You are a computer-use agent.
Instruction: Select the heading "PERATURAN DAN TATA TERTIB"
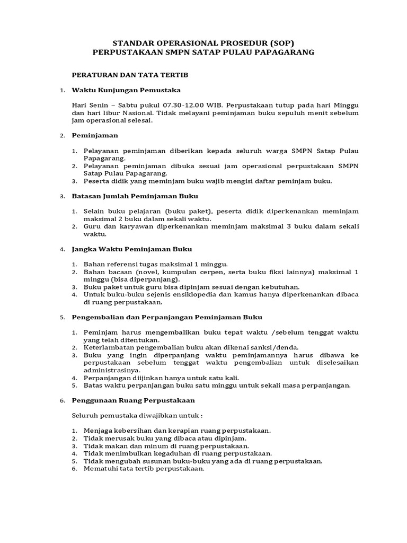pyautogui.click(x=130, y=75)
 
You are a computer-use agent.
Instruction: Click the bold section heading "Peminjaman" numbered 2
pyautogui.click(x=95, y=136)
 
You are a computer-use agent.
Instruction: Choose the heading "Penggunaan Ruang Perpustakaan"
pyautogui.click(x=133, y=400)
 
